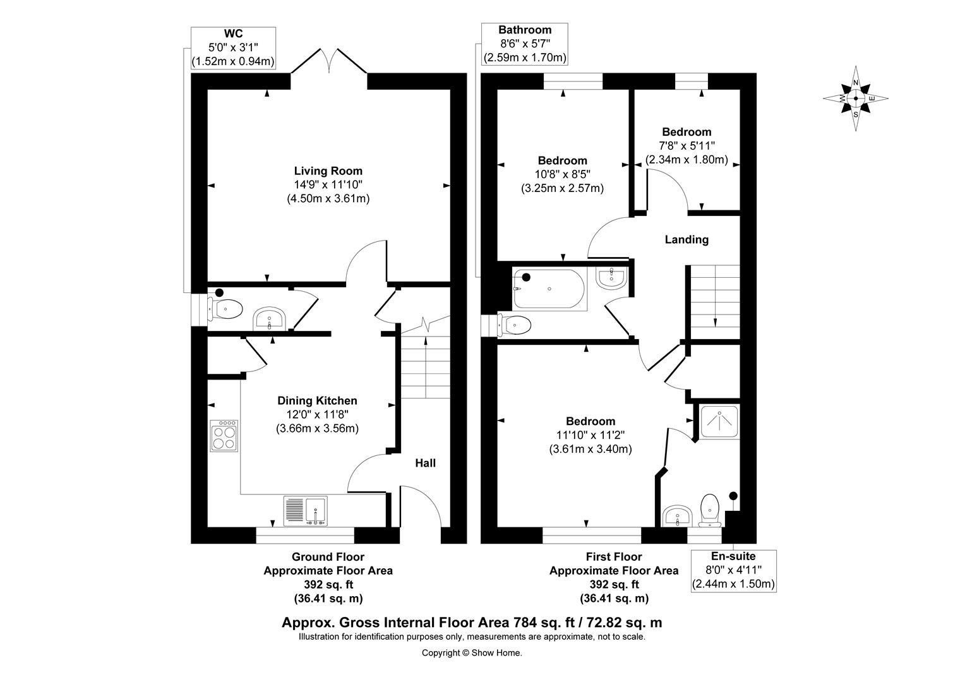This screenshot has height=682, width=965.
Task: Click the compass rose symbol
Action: click(856, 99)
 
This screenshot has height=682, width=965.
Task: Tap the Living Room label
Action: click(328, 170)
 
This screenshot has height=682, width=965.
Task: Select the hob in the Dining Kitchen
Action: click(225, 435)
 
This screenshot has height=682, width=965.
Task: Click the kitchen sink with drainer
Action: click(306, 511)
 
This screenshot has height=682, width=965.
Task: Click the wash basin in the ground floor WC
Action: click(271, 320)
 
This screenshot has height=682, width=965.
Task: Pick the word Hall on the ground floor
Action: click(425, 463)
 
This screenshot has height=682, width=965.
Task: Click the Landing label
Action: click(686, 239)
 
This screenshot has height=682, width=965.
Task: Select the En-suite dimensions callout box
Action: click(733, 570)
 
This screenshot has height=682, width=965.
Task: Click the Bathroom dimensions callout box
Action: click(525, 44)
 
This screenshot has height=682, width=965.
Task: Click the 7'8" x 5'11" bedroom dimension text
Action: click(686, 146)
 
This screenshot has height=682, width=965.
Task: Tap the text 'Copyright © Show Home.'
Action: click(472, 653)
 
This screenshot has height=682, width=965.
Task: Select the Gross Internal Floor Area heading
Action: click(472, 622)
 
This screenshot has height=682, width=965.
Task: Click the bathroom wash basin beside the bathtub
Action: click(611, 278)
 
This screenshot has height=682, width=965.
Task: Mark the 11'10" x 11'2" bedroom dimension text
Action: click(590, 435)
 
